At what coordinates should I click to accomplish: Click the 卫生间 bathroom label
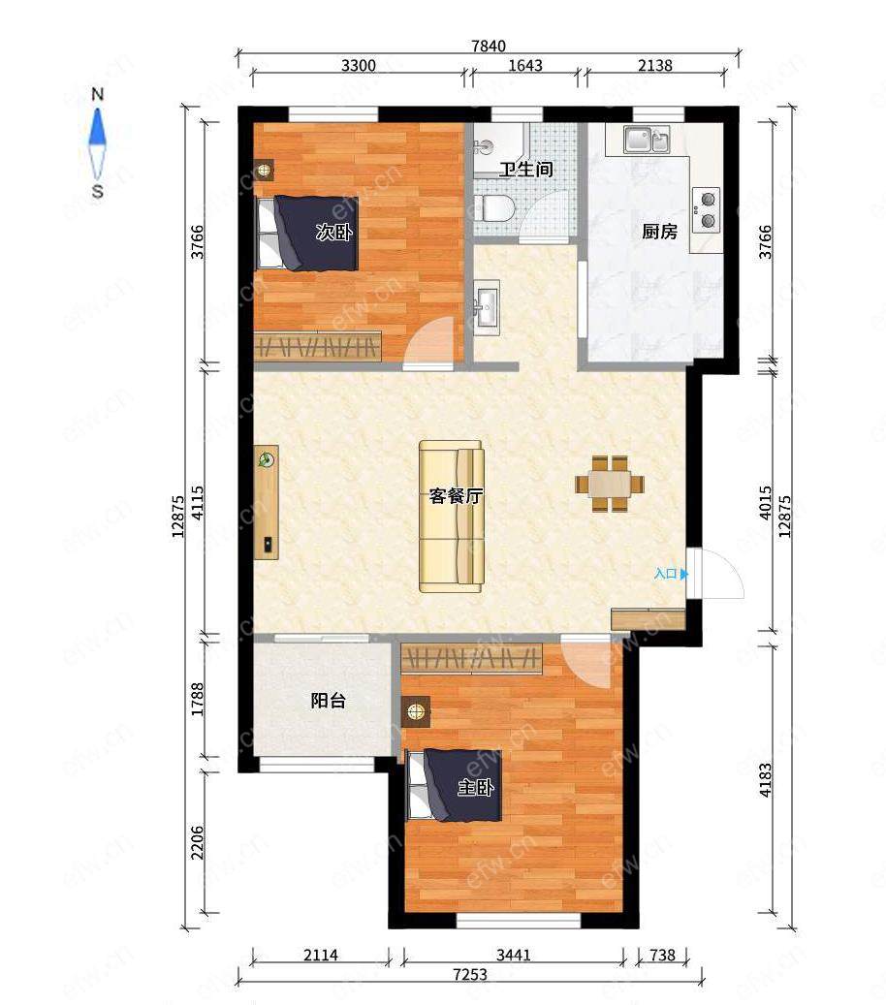pos(526,170)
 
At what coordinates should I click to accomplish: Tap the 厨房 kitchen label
pos(660,232)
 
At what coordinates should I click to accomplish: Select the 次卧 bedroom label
pos(334,232)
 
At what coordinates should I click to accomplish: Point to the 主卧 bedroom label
pos(476,787)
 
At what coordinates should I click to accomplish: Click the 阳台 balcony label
pos(329,701)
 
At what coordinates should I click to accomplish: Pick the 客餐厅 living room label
pos(457,496)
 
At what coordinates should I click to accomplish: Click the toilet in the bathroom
pos(494,208)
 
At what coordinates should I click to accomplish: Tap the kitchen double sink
pos(647,140)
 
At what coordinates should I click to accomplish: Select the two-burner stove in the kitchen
pos(707,209)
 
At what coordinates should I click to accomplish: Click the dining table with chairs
pos(610,484)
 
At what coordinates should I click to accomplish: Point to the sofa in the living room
pos(452,516)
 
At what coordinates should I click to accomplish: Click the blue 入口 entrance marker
pos(671,574)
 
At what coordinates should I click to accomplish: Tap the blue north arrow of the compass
pos(98,126)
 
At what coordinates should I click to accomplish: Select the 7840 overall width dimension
pos(489,46)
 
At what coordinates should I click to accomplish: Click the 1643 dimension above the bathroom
pos(525,65)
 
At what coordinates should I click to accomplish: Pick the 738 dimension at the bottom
pos(662,955)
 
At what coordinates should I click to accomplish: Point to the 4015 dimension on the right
pos(766,502)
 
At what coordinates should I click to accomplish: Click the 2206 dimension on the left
pos(197,842)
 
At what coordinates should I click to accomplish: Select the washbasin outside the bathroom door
pos(488,306)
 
